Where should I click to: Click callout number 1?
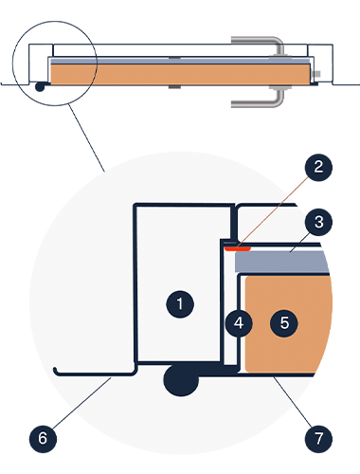pyautogui.click(x=180, y=304)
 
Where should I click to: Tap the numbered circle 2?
pyautogui.click(x=318, y=167)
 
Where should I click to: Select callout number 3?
pyautogui.click(x=318, y=222)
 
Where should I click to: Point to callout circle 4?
pyautogui.click(x=239, y=323)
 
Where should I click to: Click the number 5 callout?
pyautogui.click(x=284, y=323)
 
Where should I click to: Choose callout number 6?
pyautogui.click(x=43, y=439)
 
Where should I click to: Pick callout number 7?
pyautogui.click(x=318, y=439)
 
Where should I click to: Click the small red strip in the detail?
pyautogui.click(x=238, y=249)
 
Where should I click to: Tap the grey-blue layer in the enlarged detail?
pyautogui.click(x=282, y=262)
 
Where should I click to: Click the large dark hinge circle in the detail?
pyautogui.click(x=181, y=379)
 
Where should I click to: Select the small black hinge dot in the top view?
pyautogui.click(x=40, y=86)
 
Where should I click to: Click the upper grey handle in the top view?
pyautogui.click(x=262, y=46)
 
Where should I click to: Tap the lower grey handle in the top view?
pyautogui.click(x=262, y=99)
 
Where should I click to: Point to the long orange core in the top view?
pyautogui.click(x=180, y=75)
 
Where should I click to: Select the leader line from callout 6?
pyautogui.click(x=81, y=403)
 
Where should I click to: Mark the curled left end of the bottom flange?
pyautogui.click(x=55, y=371)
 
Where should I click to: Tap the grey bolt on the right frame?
pyautogui.click(x=316, y=74)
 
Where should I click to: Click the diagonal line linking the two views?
pyautogui.click(x=87, y=138)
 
